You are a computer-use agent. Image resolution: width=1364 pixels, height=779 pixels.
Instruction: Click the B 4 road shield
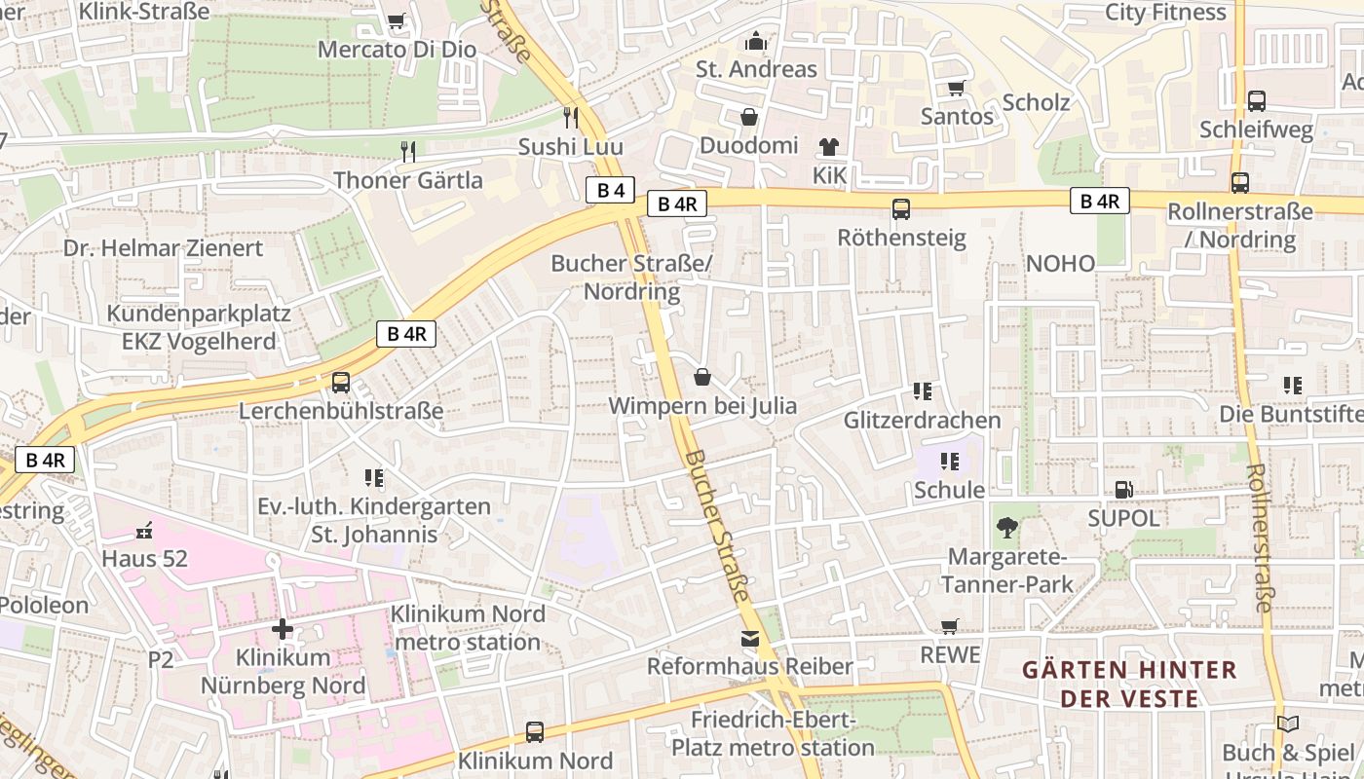(611, 190)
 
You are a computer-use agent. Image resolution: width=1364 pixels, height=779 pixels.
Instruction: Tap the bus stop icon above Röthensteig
(901, 208)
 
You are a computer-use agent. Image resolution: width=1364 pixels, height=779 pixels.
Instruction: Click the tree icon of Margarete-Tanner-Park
(1007, 528)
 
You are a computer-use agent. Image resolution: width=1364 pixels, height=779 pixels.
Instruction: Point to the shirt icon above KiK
(828, 147)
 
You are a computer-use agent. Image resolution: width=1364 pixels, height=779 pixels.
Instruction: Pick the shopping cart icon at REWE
(950, 627)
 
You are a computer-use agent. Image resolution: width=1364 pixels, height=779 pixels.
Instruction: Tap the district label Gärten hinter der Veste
(1129, 684)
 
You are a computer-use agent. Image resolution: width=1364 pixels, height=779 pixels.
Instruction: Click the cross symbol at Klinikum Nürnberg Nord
(283, 629)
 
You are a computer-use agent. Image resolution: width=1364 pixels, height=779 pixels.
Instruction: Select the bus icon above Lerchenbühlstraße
(341, 383)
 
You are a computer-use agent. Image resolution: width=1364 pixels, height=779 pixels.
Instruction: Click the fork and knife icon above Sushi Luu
(571, 118)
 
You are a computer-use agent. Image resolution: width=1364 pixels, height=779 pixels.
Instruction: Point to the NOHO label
(1060, 263)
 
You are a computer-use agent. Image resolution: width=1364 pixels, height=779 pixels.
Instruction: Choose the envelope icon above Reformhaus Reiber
(749, 639)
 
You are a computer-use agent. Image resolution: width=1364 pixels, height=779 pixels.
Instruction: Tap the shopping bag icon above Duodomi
(749, 118)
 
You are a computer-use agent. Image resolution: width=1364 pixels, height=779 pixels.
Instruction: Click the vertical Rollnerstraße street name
(1258, 538)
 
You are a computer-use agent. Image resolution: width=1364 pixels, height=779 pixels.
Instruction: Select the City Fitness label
(1165, 13)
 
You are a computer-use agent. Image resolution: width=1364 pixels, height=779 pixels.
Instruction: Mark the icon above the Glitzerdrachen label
(922, 391)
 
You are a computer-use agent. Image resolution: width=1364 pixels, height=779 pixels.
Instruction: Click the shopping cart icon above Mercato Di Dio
(396, 21)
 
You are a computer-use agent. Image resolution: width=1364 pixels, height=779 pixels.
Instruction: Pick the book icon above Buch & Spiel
(1288, 724)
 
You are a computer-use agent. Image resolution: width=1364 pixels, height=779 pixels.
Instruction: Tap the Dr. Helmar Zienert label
(164, 248)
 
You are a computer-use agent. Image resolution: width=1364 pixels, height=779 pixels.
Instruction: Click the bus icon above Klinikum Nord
(535, 732)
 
